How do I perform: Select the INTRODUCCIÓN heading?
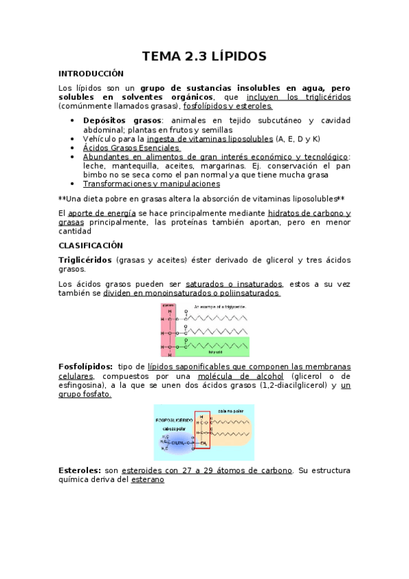[x=91, y=73]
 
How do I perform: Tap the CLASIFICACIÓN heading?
[x=90, y=244]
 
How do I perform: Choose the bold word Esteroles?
[x=81, y=470]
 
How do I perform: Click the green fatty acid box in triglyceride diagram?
[x=212, y=343]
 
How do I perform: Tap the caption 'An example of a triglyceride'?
[x=220, y=307]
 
